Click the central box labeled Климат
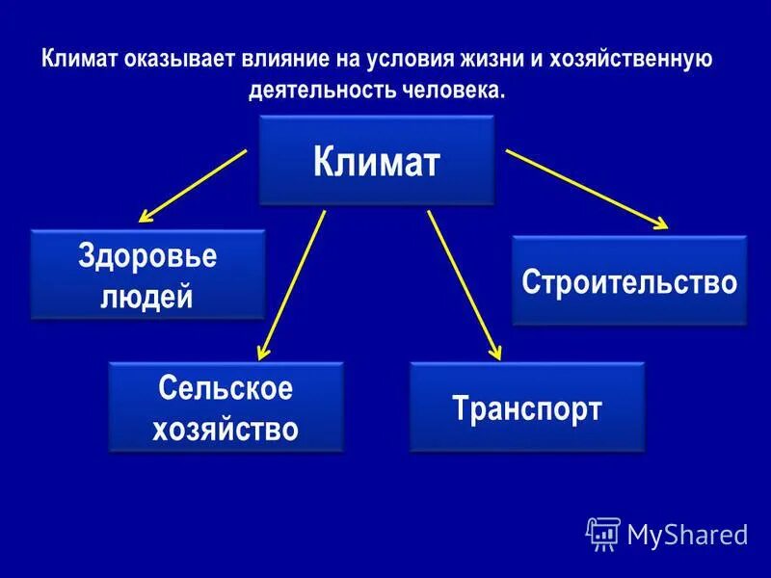click(x=377, y=161)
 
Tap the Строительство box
click(x=629, y=281)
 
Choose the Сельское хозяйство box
click(x=226, y=407)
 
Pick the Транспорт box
click(x=527, y=407)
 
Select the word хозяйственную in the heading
click(x=630, y=61)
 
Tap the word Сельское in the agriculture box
click(x=226, y=389)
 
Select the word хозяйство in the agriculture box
click(x=226, y=427)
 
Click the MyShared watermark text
click(x=687, y=533)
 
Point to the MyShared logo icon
click(x=602, y=533)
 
